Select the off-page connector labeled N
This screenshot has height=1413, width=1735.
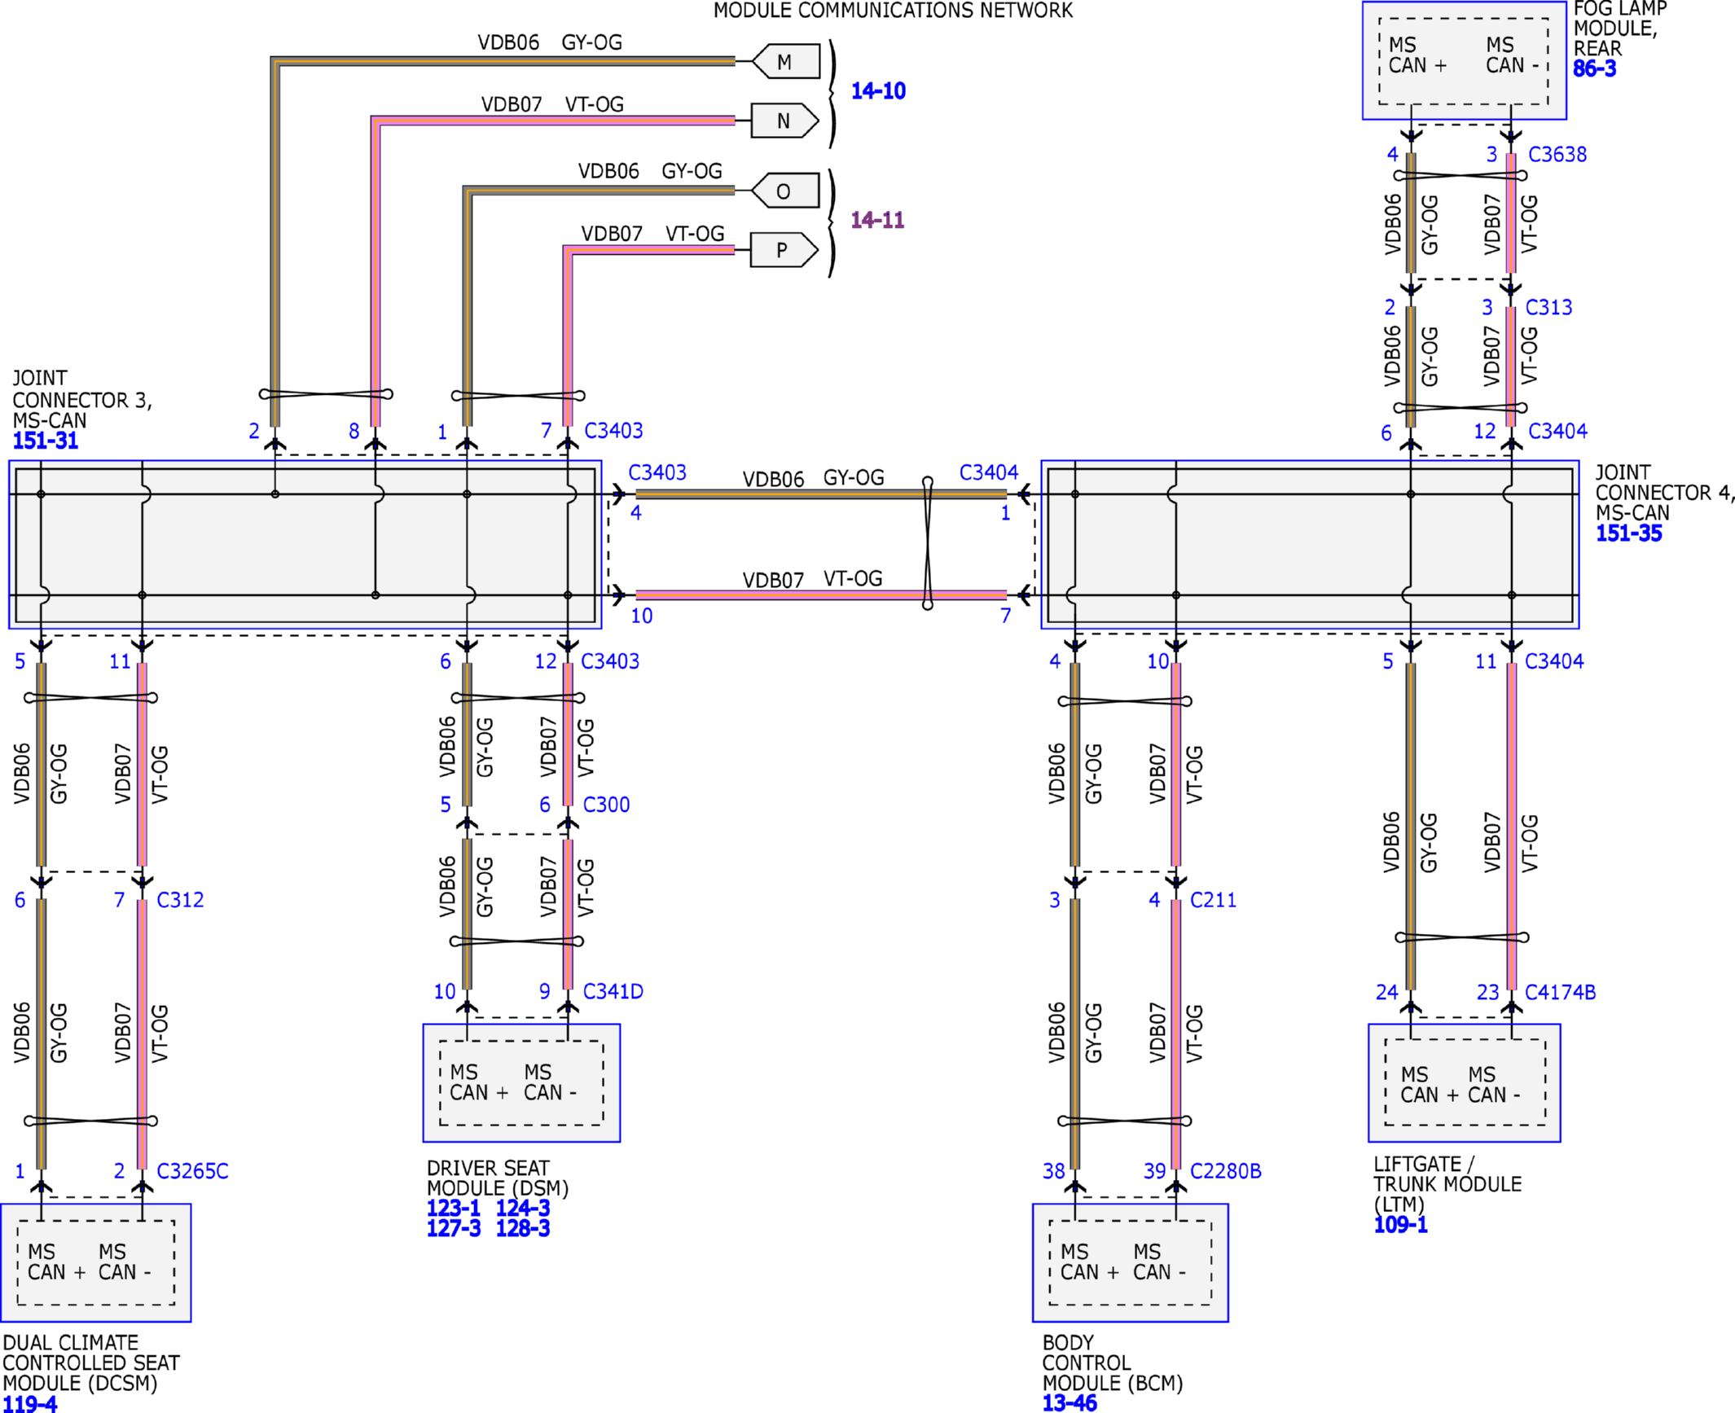pos(784,121)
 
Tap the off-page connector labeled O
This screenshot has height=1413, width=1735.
pos(785,191)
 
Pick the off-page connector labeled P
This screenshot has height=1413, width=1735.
pos(784,249)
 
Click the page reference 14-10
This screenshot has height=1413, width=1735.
pos(878,90)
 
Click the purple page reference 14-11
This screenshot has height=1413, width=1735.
pos(877,220)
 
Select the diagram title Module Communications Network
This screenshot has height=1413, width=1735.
pos(893,11)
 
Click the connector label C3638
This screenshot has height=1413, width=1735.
pos(1557,154)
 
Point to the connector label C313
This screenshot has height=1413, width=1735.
pos(1548,307)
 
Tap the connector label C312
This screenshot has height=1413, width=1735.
pos(180,900)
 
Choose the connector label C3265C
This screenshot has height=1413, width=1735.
pos(192,1171)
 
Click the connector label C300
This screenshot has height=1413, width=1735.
pos(606,805)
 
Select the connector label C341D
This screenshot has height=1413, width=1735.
pos(613,991)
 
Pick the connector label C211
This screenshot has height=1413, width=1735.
pos(1213,900)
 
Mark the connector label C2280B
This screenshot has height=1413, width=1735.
pos(1225,1171)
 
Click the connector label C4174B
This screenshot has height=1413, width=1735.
pos(1560,992)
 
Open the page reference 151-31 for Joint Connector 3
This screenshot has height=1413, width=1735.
pos(46,441)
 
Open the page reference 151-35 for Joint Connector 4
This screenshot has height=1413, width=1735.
pos(1628,533)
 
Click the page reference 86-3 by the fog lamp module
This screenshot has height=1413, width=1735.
pos(1595,68)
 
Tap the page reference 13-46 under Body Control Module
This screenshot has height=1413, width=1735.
pos(1070,1402)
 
